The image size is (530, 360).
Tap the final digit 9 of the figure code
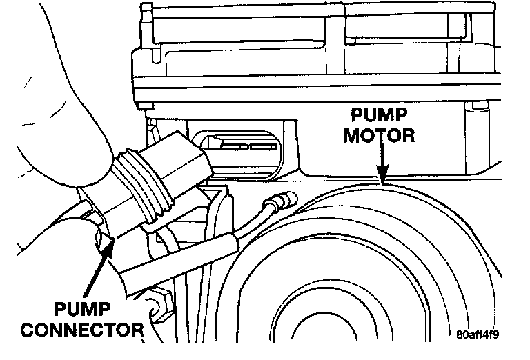tap(495, 336)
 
